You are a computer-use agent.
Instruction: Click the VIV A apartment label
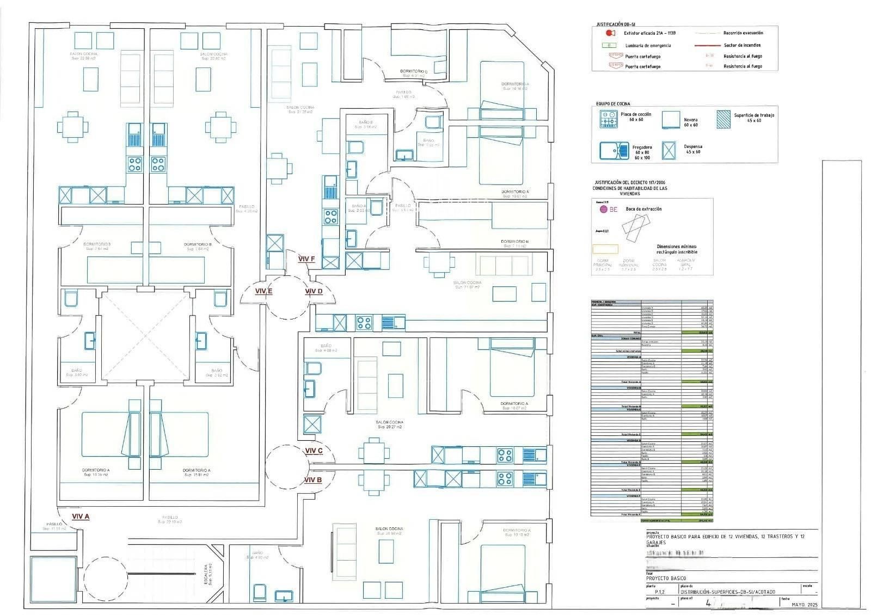[x=80, y=516]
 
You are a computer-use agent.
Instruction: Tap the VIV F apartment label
[x=306, y=259]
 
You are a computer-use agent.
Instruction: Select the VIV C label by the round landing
[x=314, y=451]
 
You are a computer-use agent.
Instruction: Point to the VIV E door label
[x=263, y=291]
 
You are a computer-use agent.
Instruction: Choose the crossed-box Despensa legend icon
[x=668, y=150]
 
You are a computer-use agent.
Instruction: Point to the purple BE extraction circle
[x=602, y=209]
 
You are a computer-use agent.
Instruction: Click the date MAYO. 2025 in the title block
[x=805, y=605]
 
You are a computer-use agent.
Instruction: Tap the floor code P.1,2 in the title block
[x=660, y=592]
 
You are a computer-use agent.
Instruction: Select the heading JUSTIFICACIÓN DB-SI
[x=615, y=24]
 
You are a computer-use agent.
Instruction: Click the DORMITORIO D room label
[x=414, y=71]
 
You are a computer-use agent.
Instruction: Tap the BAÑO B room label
[x=366, y=122]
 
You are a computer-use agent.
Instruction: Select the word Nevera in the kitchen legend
[x=690, y=120]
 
